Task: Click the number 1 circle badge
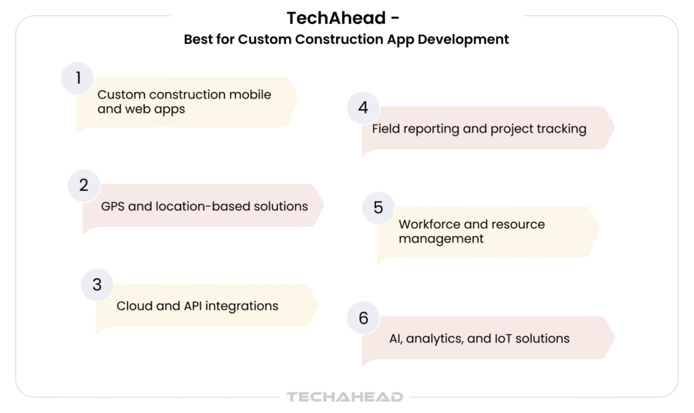point(77,79)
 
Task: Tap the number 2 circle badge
point(84,185)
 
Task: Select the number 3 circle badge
point(98,285)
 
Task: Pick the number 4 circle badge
point(363,108)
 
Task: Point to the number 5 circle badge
point(378,208)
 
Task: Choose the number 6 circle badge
point(363,318)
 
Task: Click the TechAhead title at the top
point(343,18)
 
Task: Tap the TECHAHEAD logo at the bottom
point(345,397)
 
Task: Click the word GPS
point(113,206)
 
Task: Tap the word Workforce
point(428,224)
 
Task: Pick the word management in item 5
point(441,239)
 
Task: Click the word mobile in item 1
point(250,95)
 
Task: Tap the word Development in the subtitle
point(463,40)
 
